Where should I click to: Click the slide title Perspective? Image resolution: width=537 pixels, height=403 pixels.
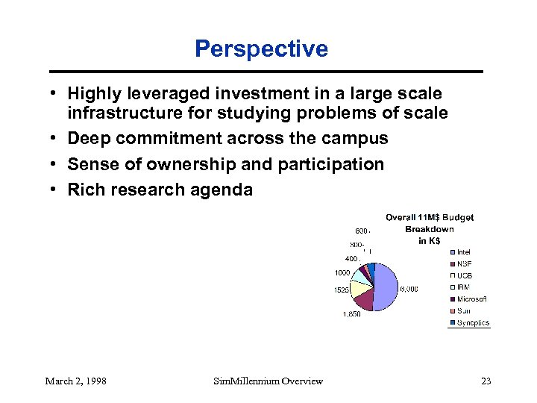point(261,49)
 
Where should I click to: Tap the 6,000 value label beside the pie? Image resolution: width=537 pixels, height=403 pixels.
point(408,289)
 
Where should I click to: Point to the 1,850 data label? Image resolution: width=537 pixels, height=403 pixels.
point(351,314)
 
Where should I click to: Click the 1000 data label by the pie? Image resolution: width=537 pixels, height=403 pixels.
point(342,272)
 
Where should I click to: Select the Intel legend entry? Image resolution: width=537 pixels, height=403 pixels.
point(463,252)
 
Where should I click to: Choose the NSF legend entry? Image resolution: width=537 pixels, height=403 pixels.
point(464,263)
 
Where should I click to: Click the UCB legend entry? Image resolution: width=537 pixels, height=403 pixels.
point(464,275)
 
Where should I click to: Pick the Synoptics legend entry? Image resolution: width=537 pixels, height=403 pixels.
point(473,322)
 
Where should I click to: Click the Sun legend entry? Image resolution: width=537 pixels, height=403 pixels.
point(463,310)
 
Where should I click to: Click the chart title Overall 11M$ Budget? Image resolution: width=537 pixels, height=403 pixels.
point(429,217)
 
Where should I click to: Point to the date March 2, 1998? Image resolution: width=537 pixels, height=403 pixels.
point(75,381)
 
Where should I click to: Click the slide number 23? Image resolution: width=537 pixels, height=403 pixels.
point(486,381)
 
